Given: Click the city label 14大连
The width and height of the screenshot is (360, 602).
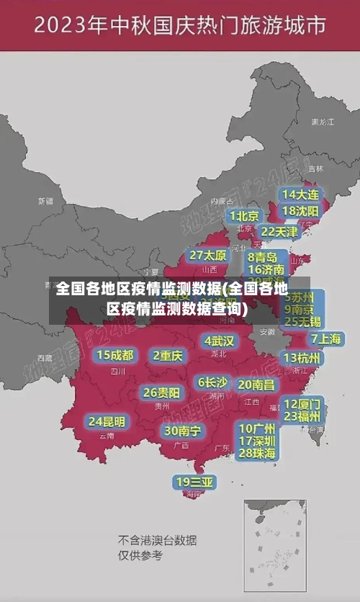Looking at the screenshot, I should tap(300, 194).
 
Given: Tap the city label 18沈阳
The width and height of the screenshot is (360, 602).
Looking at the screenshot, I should tap(300, 210).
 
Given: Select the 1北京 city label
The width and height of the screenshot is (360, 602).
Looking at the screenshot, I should tap(243, 216).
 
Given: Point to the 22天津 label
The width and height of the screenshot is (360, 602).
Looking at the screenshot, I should tap(279, 232).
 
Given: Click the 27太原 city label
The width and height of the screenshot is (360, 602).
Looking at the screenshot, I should tap(207, 256).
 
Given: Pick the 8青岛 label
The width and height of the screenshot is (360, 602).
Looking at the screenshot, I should tap(262, 256).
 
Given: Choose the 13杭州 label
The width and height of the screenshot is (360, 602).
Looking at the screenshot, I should tap(302, 358).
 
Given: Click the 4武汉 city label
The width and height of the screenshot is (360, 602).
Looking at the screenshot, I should tap(219, 341).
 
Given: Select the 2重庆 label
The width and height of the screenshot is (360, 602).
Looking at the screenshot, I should tap(168, 355).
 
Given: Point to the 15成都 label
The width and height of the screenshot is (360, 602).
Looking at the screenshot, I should tap(114, 355).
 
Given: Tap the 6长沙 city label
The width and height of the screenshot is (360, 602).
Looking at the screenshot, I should tap(213, 382).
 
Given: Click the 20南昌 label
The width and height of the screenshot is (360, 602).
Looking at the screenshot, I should tap(256, 385).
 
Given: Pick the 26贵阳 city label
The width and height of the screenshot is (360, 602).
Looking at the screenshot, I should tap(161, 392).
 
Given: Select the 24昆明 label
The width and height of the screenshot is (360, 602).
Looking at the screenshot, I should tap(107, 421).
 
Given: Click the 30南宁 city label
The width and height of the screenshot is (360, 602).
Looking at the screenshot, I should tap(182, 431).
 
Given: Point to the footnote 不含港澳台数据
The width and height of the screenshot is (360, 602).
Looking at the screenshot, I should tap(158, 540).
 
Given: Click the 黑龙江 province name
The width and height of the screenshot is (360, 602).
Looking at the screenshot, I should tap(322, 122).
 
